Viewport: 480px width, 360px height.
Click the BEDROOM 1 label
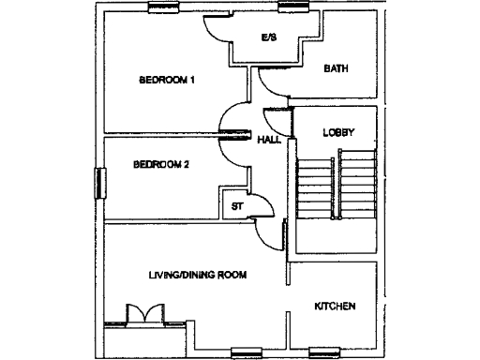[166, 80]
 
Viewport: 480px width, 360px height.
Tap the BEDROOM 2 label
[161, 164]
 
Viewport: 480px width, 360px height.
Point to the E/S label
[268, 38]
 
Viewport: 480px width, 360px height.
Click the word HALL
[269, 140]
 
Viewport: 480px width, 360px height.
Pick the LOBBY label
[337, 132]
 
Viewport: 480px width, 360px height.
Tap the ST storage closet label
[236, 205]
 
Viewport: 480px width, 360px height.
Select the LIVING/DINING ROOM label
[197, 276]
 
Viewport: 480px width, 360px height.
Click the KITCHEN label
[335, 307]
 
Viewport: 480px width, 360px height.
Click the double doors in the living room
[144, 314]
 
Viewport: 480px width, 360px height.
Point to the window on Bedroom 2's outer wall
[97, 183]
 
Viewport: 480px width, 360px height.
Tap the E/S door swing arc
[217, 30]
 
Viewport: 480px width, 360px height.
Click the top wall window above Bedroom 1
[166, 8]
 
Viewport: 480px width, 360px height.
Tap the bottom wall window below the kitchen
[325, 353]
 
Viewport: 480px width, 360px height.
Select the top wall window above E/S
[292, 8]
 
